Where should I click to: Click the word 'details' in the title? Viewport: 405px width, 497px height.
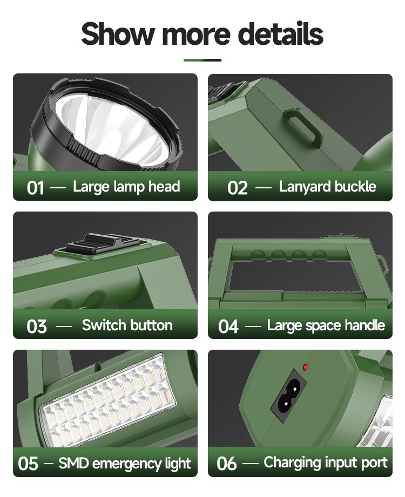280,33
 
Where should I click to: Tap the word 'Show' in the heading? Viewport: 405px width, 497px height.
118,33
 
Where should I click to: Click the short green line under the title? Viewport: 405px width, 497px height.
202,60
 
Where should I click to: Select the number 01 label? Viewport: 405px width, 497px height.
36,188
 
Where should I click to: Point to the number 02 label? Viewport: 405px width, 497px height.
237,188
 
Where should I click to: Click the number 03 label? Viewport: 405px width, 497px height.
37,326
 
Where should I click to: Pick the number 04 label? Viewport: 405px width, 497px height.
228,326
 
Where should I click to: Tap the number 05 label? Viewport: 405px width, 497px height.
28,464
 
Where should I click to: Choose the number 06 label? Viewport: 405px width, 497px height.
226,464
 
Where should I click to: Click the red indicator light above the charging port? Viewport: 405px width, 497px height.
306,367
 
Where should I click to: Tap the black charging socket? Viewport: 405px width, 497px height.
288,396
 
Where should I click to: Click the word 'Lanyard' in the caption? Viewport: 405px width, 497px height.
305,187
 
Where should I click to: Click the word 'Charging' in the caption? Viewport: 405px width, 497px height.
292,464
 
